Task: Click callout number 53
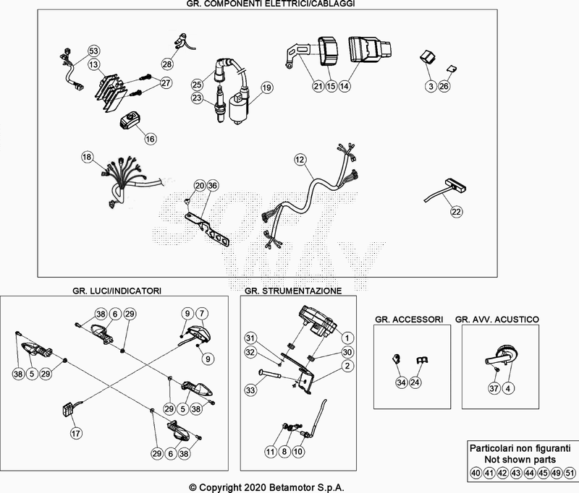tap(93, 51)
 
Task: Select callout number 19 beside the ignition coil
tap(266, 87)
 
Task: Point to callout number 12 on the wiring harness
tap(300, 158)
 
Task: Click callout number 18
tap(87, 157)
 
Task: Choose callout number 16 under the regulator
tap(150, 138)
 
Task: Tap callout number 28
tap(167, 64)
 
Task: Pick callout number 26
tap(445, 86)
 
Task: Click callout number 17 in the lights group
tap(75, 434)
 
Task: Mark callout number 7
tap(202, 313)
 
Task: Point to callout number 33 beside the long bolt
tap(251, 390)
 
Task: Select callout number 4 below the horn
tap(509, 389)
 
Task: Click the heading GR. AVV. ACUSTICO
tap(496, 318)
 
